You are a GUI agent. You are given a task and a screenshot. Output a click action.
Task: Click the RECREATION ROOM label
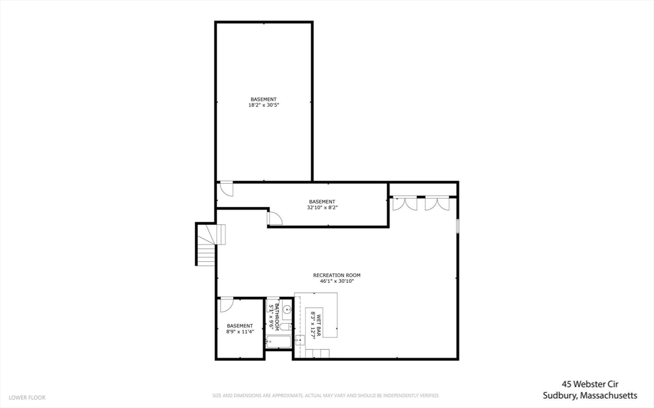coord(332,275)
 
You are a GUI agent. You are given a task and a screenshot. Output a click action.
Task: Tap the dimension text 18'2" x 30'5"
coord(264,105)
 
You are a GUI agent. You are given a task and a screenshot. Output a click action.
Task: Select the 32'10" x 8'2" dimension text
coord(322,207)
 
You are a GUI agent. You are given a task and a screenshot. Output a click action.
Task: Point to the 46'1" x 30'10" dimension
coord(332,281)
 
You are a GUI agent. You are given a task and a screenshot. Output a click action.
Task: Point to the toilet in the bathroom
coord(285,327)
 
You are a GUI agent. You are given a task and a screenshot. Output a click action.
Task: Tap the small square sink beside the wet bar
coord(300,340)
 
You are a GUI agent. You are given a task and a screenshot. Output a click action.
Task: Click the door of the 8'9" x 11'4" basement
coord(225,305)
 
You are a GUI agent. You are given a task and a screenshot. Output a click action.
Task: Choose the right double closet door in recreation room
coord(437,203)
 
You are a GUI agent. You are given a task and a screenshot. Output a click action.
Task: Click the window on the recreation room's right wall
coord(457,226)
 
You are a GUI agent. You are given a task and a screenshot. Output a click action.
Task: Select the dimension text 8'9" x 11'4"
coord(240,331)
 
